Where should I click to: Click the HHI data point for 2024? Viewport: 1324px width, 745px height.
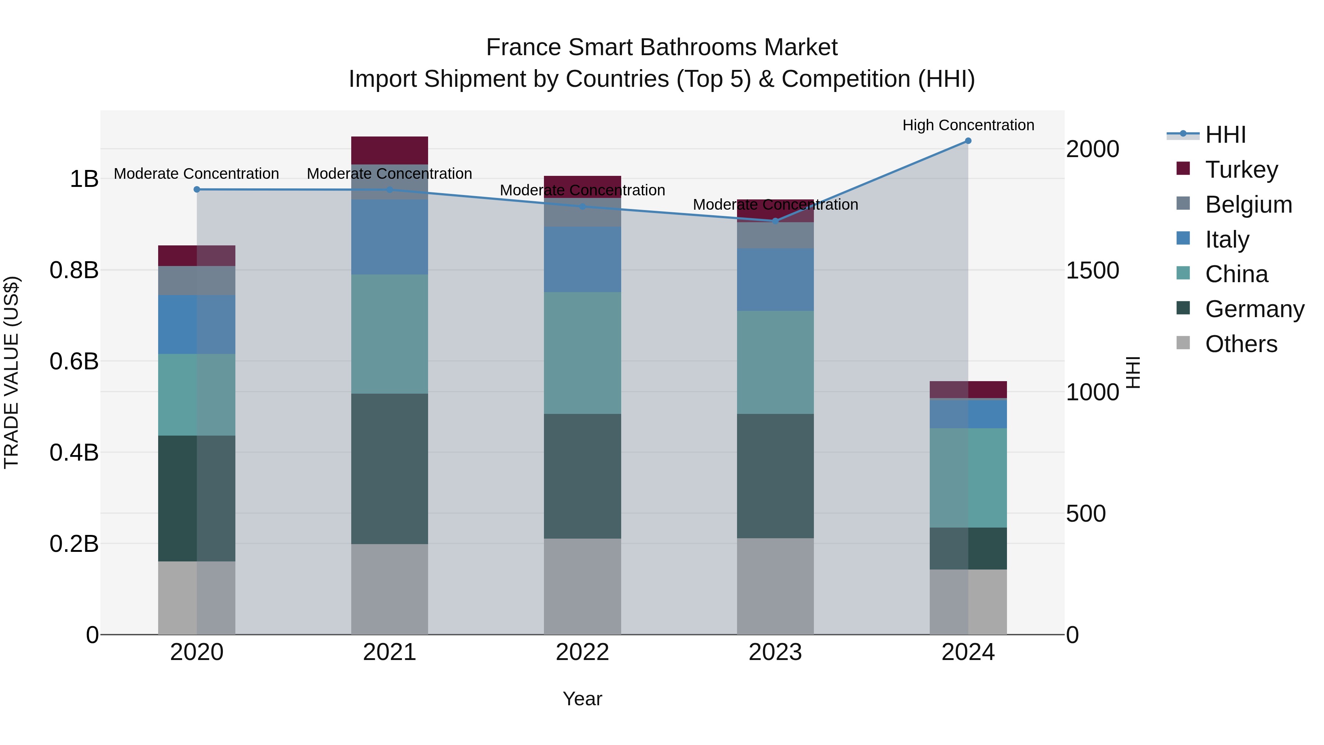[x=968, y=141]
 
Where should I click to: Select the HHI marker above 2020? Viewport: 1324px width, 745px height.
[x=197, y=190]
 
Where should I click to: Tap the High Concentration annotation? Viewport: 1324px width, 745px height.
[x=968, y=125]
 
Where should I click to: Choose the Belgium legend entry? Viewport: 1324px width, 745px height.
[x=1248, y=205]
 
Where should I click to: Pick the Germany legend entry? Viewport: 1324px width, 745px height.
[x=1254, y=309]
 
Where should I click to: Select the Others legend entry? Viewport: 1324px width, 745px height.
[x=1241, y=344]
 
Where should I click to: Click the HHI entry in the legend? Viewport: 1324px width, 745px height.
[x=1225, y=135]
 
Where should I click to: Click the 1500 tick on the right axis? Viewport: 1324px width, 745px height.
[x=1092, y=270]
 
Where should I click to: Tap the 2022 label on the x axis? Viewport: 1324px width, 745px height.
[x=582, y=652]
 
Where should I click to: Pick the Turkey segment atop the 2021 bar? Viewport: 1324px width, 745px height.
[x=389, y=150]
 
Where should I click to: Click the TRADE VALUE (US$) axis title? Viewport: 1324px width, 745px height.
[x=11, y=372]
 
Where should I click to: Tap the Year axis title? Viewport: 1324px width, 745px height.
[x=582, y=699]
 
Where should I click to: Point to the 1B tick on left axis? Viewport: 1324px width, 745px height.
[x=84, y=179]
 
